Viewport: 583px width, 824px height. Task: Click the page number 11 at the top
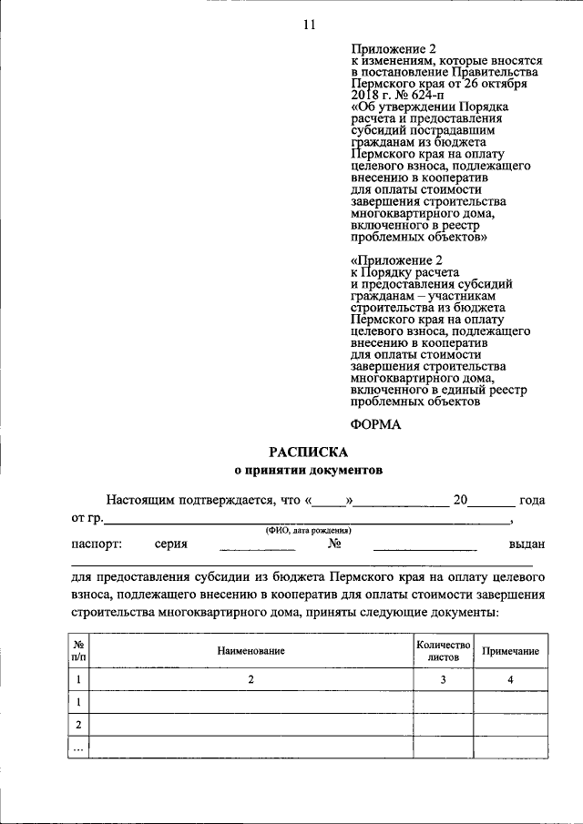308,25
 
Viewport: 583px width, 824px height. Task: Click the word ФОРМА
375,424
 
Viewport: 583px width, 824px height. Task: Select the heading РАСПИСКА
308,452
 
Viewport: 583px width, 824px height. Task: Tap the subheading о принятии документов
308,471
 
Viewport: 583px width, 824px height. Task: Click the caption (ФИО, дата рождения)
309,530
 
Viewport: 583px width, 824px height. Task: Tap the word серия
171,544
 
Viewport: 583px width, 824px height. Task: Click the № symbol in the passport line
333,544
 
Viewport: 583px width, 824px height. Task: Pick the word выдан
527,544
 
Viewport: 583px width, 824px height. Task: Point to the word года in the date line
531,500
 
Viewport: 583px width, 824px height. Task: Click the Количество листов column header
443,649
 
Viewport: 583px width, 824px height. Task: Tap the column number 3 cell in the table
443,679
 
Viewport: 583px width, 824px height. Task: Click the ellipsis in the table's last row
79,748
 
